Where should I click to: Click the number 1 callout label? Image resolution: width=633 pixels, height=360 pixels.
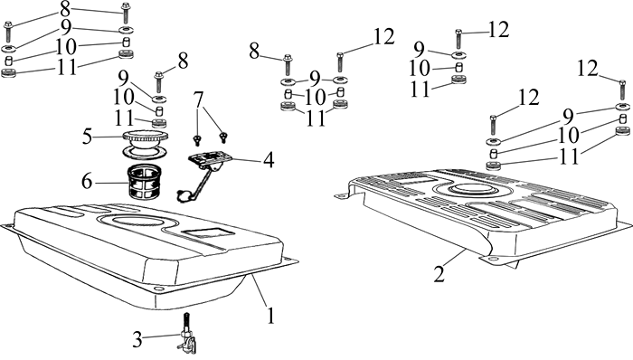point(271,315)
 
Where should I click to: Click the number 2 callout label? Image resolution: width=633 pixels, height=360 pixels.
point(439,273)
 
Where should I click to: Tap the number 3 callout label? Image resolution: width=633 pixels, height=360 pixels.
point(137,340)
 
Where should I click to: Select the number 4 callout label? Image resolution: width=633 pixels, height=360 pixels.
point(268,160)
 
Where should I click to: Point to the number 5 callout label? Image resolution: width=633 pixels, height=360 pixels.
point(88,137)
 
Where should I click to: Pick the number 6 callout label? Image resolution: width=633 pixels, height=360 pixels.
point(87,182)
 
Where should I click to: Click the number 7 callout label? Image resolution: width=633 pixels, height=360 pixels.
point(198,99)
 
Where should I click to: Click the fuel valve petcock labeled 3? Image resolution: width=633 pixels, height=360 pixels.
point(186,336)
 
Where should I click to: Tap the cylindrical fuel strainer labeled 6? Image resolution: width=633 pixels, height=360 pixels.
point(144,183)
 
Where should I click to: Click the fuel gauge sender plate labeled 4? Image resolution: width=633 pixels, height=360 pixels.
point(210,158)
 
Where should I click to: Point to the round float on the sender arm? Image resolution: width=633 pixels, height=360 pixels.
point(183,195)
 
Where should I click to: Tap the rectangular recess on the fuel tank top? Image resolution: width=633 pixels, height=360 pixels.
point(208,233)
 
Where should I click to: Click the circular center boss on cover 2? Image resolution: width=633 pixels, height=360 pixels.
point(471,189)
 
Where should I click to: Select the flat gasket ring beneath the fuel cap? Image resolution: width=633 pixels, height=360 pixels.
point(145,153)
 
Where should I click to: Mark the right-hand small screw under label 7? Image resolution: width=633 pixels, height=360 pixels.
point(222,137)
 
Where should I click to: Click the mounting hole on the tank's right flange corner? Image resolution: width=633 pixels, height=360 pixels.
point(288,260)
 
